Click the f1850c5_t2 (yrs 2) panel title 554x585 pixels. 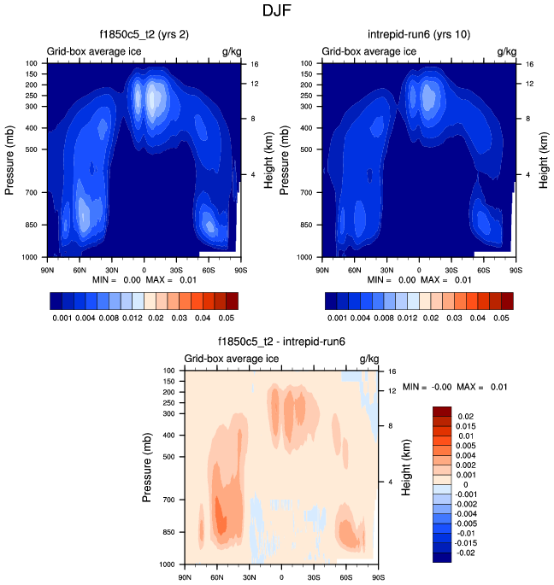144,35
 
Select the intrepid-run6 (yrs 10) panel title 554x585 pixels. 419,35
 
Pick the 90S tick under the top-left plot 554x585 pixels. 241,269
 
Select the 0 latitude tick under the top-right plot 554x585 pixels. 419,269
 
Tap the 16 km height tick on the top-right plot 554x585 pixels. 529,64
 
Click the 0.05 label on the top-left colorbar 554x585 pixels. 227,317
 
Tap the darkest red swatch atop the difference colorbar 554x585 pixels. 442,409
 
